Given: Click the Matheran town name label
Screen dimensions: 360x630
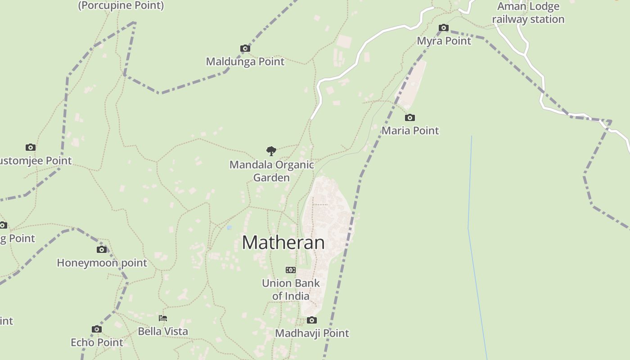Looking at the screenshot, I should [x=283, y=243].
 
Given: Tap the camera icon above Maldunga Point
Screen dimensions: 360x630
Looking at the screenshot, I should [x=245, y=48].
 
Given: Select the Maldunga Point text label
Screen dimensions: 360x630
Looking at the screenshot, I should [x=245, y=61].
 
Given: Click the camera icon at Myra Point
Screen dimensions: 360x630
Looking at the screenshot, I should [x=443, y=28].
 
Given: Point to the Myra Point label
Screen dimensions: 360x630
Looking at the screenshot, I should [x=444, y=41].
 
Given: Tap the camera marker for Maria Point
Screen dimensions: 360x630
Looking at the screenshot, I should [x=409, y=117].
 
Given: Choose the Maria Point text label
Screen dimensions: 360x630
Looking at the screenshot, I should [x=410, y=130].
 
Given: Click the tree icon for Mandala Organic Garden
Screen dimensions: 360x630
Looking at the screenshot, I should [x=271, y=151].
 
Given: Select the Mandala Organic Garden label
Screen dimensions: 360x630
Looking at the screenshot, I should [x=271, y=171].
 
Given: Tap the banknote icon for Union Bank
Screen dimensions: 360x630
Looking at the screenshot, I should [x=291, y=270].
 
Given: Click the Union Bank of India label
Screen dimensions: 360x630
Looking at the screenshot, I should [x=291, y=289].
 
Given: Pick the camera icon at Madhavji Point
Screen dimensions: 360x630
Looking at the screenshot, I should [x=311, y=320].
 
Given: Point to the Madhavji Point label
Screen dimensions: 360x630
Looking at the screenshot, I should [x=312, y=333].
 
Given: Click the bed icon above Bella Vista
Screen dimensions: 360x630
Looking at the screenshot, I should [x=163, y=318].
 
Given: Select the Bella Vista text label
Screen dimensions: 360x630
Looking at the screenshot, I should [x=163, y=331].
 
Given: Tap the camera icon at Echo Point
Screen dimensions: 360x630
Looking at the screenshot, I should [x=96, y=329].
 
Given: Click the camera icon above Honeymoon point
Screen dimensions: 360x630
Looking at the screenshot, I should [x=102, y=249].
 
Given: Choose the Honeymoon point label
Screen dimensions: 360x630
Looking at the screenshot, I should [x=102, y=263].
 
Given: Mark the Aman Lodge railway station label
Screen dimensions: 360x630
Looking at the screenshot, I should [x=528, y=13].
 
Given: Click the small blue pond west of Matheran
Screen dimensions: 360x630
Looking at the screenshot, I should [x=229, y=228].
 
